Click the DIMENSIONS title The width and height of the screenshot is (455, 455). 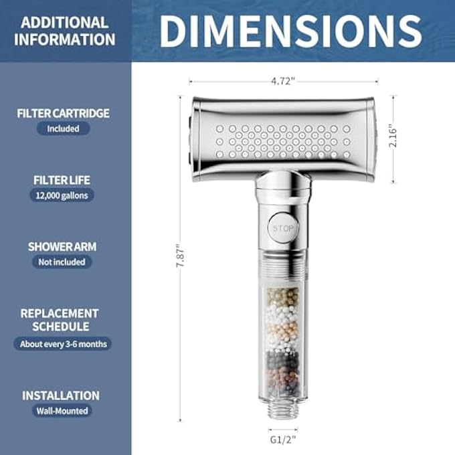291,30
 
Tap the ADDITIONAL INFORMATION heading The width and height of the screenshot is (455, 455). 64,30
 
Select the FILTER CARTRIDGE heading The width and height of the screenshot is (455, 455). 63,113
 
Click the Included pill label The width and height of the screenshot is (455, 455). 63,128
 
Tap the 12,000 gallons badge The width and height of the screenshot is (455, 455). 62,195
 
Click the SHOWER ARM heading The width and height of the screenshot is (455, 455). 62,246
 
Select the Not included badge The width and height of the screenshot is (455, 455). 62,262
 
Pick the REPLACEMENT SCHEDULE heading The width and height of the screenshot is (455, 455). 60,320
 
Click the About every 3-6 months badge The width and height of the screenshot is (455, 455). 62,344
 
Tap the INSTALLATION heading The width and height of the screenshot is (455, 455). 60,395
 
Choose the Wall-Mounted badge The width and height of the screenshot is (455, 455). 63,411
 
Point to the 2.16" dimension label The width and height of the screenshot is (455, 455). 394,139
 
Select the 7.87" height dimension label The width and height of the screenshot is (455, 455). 179,255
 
